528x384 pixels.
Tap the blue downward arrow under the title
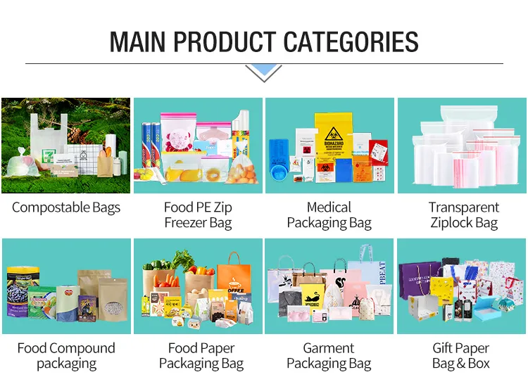point(264,71)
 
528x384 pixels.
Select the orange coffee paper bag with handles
point(234,278)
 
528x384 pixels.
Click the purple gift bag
point(420,282)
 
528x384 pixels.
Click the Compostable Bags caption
point(66,207)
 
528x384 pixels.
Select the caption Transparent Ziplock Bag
point(463,215)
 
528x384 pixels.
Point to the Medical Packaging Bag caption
point(329,215)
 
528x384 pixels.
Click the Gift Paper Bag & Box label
point(460,356)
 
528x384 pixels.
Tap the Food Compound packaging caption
point(66,356)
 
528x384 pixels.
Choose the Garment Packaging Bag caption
point(329,356)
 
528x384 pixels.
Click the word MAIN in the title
point(139,41)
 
